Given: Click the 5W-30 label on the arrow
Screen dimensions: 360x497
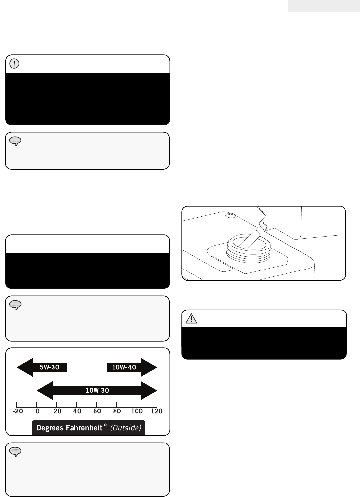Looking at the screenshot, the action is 50,367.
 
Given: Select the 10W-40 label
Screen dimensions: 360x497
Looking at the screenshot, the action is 124,367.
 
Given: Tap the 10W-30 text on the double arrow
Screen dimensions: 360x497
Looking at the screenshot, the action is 97,390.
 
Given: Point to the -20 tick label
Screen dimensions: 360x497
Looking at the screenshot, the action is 18,411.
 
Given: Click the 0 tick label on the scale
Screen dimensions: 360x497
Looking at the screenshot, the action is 37,411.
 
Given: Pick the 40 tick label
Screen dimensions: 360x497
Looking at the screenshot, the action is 77,411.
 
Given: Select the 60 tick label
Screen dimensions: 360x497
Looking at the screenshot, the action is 97,411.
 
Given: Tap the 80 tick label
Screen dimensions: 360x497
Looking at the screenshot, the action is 117,411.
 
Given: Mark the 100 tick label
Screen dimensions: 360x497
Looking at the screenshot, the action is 137,411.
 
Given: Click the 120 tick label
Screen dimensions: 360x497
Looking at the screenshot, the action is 157,411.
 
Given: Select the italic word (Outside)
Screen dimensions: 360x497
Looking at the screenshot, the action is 126,428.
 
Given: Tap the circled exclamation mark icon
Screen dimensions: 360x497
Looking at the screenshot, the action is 14,64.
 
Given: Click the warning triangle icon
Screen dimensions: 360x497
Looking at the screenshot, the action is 191,318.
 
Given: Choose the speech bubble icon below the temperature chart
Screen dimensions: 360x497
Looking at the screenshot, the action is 15,452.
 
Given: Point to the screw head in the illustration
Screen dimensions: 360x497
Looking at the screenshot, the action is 231,215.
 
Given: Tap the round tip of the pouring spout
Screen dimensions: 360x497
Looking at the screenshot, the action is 263,226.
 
